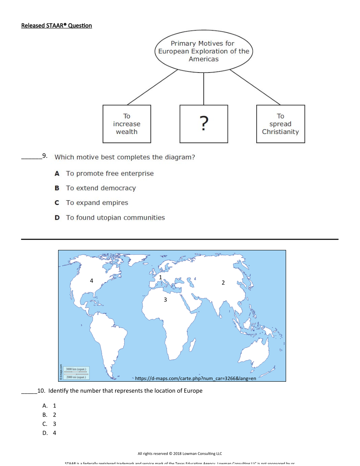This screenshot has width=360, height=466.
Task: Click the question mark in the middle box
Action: click(204, 123)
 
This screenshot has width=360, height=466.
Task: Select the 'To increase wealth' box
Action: click(127, 124)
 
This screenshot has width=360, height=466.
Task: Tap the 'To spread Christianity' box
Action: click(281, 124)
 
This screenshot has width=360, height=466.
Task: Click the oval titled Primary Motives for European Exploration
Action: click(204, 51)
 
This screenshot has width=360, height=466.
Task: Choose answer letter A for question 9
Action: click(57, 173)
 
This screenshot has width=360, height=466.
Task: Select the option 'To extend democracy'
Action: click(101, 188)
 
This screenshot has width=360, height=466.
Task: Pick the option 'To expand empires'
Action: click(97, 203)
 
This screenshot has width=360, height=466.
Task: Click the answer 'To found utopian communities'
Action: click(115, 218)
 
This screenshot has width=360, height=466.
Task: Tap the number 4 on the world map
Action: click(92, 280)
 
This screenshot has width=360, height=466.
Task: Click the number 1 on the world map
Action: click(160, 277)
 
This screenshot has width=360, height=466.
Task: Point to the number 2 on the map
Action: click(223, 283)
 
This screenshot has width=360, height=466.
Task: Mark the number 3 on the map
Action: click(165, 300)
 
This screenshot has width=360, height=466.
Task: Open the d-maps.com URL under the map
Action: click(195, 378)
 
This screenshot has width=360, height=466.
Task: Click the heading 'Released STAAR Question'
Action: click(57, 25)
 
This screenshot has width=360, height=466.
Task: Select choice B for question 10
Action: click(45, 415)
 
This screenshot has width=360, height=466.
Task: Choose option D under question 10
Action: click(45, 433)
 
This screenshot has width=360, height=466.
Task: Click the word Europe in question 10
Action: click(193, 391)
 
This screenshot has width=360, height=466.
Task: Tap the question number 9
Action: click(45, 156)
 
